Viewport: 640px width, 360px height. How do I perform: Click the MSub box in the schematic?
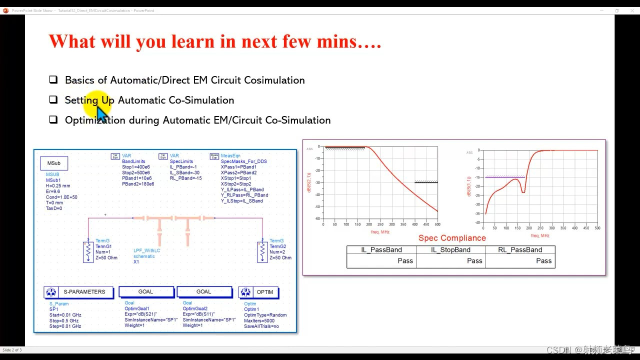tap(54, 163)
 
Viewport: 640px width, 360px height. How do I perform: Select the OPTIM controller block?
tap(258, 292)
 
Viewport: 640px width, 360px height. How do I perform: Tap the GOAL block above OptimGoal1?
tap(146, 292)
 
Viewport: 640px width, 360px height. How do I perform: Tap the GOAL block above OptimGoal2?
tap(204, 292)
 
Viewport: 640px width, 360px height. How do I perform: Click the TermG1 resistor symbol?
tap(88, 252)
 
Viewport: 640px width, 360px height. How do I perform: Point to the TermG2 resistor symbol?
tap(262, 252)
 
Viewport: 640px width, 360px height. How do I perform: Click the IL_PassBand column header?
tap(381, 250)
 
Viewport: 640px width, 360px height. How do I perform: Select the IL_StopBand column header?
tap(451, 250)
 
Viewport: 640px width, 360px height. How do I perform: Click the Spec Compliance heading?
tap(452, 238)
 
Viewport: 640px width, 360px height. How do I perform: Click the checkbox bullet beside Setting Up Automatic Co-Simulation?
tap(53, 99)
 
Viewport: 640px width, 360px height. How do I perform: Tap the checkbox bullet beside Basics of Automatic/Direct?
tap(53, 79)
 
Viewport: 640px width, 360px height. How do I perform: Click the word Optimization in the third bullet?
tap(95, 120)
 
